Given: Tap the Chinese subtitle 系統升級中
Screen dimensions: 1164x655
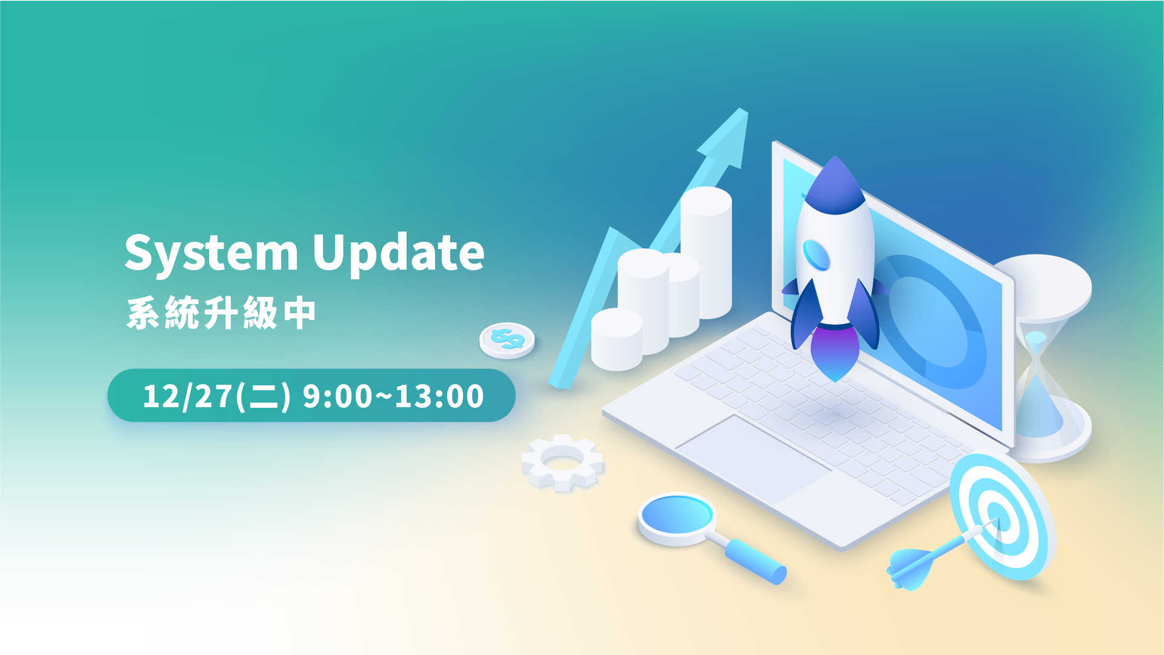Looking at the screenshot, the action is click(221, 313).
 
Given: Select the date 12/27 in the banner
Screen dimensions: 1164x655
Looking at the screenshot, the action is click(187, 396).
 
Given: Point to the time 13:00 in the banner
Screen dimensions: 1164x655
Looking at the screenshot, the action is click(439, 396).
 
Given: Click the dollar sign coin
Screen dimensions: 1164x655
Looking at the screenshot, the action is click(507, 340).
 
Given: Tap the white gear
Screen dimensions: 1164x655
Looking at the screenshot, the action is click(563, 462).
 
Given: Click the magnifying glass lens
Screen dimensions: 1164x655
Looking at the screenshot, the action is click(677, 516).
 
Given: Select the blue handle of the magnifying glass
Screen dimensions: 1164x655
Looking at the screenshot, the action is click(756, 561).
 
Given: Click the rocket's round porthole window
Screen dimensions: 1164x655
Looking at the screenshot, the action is click(816, 254).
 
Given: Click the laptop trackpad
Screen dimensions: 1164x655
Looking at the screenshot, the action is click(753, 459).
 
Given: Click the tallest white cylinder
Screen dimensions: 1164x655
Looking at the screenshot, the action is click(706, 252).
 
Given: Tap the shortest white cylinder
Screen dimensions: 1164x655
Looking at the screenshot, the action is click(617, 339).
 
